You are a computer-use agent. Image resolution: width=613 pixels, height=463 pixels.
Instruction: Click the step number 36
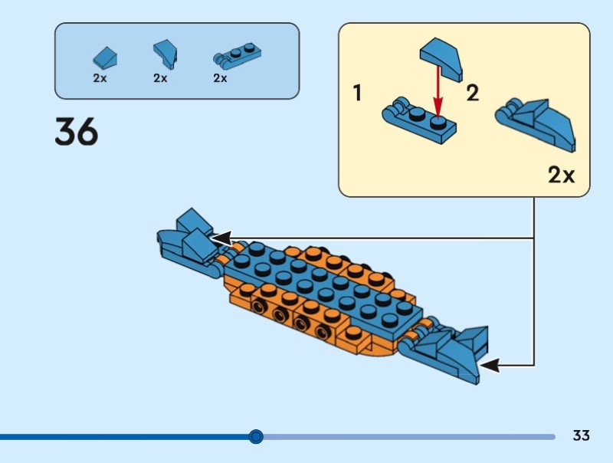click(77, 132)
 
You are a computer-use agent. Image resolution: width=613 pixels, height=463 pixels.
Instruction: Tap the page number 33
click(581, 436)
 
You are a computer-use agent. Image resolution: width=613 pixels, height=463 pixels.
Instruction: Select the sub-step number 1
click(357, 94)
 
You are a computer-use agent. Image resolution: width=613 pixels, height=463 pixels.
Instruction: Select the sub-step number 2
click(473, 94)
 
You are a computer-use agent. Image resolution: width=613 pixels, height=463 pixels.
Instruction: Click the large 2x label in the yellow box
click(562, 176)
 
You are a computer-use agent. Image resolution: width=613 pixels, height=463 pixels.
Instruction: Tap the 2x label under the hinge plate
click(221, 78)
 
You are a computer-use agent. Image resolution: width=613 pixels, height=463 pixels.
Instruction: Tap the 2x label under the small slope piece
click(100, 78)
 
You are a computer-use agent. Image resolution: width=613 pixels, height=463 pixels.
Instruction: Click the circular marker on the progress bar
click(256, 437)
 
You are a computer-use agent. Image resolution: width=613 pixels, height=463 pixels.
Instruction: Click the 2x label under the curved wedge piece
click(160, 78)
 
